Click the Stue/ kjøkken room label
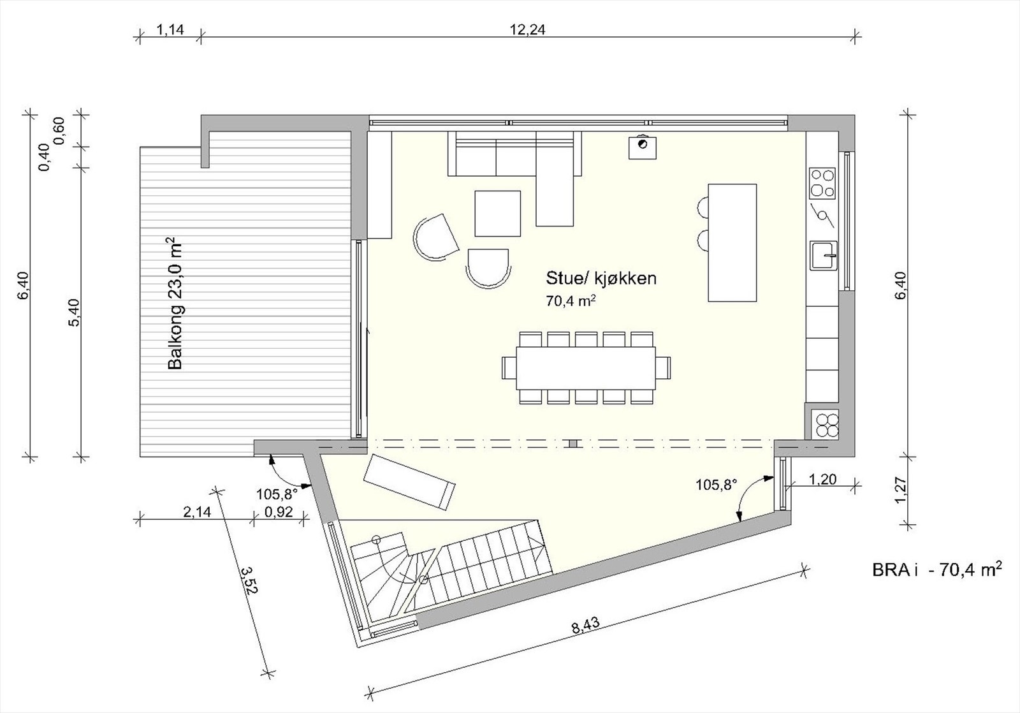601,279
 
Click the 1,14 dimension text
170,29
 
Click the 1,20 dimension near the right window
822,479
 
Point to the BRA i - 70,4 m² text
935,569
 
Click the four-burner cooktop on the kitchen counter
822,182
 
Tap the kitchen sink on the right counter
824,256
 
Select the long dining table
586,368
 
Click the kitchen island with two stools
732,242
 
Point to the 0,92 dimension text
278,511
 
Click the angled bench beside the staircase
409,481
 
